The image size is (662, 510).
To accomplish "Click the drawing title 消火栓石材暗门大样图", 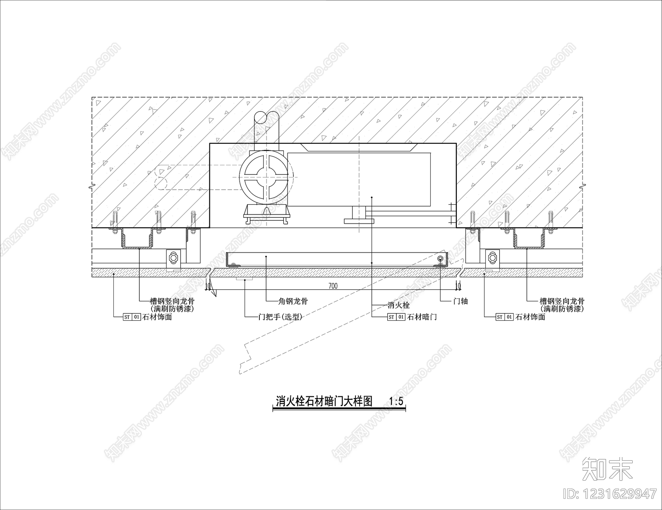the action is point(324,401).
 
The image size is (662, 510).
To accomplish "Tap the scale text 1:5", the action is point(396,401).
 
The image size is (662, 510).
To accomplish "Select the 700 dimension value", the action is point(333,286).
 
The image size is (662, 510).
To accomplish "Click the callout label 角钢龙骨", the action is point(293,301).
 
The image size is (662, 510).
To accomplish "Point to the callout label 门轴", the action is point(461,301).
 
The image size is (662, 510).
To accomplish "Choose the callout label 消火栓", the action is point(398,305).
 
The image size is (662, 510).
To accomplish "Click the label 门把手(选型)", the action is point(280,317).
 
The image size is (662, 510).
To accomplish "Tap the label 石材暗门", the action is point(422,317).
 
